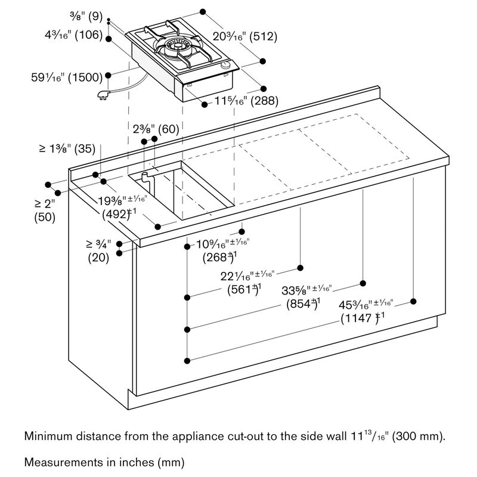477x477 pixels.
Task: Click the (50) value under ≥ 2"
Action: pos(44,218)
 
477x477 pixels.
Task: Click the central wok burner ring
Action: pos(176,45)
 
